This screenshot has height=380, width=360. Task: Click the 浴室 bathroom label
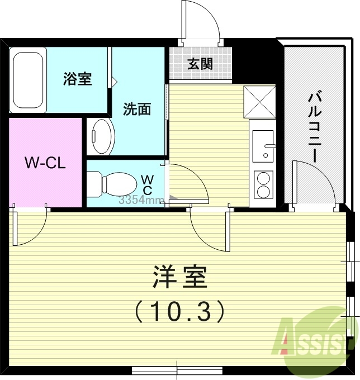click(x=77, y=79)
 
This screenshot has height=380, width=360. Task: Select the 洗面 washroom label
click(x=137, y=109)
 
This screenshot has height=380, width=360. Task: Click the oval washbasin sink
click(x=102, y=136)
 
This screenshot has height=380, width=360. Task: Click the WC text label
click(x=148, y=184)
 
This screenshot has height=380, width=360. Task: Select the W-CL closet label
click(x=45, y=163)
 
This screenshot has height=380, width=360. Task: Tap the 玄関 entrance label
click(x=200, y=64)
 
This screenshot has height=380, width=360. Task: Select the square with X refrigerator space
click(x=259, y=102)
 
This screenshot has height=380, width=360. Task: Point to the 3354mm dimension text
click(x=141, y=200)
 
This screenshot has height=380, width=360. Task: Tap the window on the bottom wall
click(x=177, y=369)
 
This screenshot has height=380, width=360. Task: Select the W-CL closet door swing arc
click(x=31, y=229)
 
